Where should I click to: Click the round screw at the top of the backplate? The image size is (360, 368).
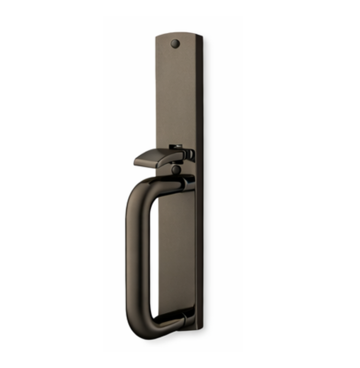tap(175, 43)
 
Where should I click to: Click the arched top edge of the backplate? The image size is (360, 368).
tap(178, 33)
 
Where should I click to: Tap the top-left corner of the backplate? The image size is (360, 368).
tap(156, 37)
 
